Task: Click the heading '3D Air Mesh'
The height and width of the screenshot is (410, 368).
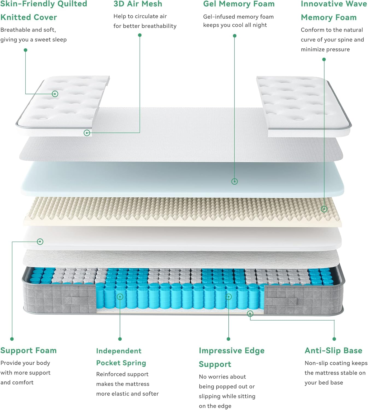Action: pos(138,4)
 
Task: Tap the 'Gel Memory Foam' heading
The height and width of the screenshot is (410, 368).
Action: pos(239,4)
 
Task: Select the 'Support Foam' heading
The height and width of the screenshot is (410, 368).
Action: pos(28,350)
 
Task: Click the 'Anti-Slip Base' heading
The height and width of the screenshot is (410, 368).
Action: pos(333,350)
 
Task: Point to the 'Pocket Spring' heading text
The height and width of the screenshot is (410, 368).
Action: pos(121,363)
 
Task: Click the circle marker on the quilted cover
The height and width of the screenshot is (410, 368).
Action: pos(55,94)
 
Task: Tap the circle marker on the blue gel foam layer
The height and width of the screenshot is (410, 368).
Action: pos(234,181)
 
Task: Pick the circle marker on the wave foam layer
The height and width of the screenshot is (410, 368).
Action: pos(324,209)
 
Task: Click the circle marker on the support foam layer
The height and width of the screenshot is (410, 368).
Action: pos(40,242)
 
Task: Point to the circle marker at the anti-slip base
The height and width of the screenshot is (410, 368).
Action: pos(250,314)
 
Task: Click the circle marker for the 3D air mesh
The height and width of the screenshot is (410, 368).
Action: pos(87,133)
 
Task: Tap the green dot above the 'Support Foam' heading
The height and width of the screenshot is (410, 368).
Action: pos(12,339)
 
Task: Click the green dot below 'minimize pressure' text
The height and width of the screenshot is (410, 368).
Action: pos(324,59)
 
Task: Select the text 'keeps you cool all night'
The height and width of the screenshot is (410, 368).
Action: pos(235,25)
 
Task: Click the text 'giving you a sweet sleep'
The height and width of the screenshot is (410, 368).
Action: pos(33,40)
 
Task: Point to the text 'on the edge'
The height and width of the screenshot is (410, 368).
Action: pos(215,406)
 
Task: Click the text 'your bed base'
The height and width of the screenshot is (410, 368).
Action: pos(324,383)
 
